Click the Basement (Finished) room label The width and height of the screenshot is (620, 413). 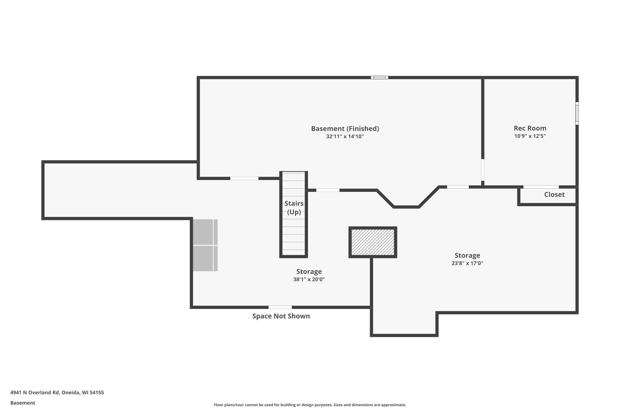coord(345,128)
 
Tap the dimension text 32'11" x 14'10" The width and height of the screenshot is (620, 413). coord(345,136)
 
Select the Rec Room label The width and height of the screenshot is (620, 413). coord(530,128)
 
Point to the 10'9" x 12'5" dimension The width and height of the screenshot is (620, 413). coord(530,136)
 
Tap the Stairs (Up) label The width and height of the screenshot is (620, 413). coord(294,208)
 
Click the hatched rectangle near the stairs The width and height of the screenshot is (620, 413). coord(373,242)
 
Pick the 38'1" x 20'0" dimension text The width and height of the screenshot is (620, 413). coord(309,279)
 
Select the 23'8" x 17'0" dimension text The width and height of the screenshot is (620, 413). coord(467,263)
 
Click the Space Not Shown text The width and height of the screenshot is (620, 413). coord(281,316)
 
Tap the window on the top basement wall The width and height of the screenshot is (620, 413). coord(379,77)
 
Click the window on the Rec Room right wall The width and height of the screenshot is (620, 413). coord(577,113)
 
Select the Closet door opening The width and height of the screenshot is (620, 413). coord(541,187)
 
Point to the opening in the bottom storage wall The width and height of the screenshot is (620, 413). coord(280,307)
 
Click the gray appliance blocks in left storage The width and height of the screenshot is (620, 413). coord(205,245)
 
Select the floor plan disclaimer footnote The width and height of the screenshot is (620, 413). coord(310,405)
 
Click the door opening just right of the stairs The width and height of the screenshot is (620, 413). coord(328,190)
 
